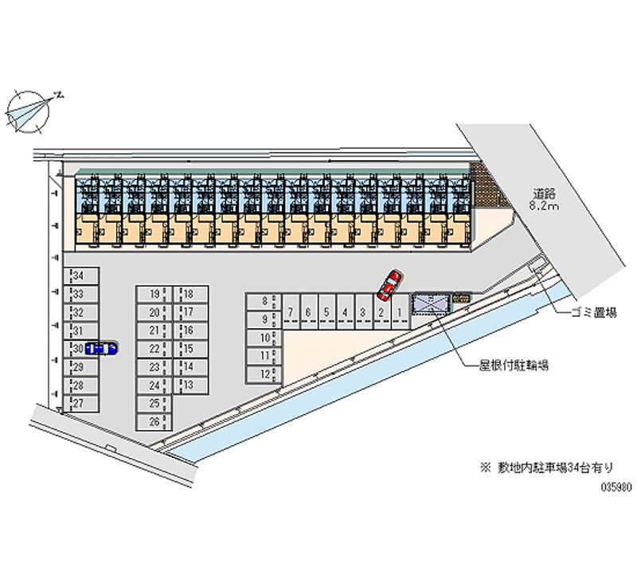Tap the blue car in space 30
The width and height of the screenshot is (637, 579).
click(x=102, y=347)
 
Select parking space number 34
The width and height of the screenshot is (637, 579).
click(x=82, y=276)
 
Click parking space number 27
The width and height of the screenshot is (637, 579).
click(x=82, y=403)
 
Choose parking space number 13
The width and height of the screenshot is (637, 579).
click(x=192, y=385)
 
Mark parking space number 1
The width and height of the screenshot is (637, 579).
click(x=399, y=312)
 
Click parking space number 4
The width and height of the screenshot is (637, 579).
click(x=344, y=312)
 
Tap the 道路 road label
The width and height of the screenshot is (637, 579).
click(x=545, y=193)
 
